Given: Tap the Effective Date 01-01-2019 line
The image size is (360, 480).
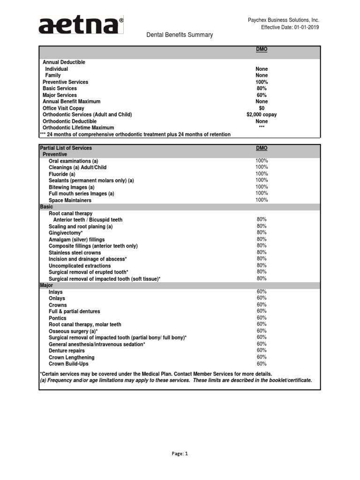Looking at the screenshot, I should click(x=290, y=28).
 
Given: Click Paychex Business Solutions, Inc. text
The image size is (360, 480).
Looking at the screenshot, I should click(x=283, y=20).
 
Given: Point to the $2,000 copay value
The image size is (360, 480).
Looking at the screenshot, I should click(x=262, y=114).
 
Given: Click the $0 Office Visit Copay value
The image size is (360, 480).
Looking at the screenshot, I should click(x=262, y=108).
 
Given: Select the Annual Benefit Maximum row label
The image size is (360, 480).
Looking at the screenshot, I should click(x=71, y=101).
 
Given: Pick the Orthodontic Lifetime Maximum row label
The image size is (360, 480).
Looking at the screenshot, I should click(x=78, y=127).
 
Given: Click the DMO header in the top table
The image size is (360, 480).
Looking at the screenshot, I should click(x=262, y=49).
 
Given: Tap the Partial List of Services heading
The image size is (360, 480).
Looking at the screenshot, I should click(x=66, y=148).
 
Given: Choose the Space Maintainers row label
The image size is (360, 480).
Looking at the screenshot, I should click(x=70, y=200).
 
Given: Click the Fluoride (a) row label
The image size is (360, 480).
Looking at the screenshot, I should click(x=62, y=174).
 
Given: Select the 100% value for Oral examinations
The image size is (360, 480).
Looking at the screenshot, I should click(x=262, y=160).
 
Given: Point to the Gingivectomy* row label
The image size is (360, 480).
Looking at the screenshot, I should click(x=66, y=232).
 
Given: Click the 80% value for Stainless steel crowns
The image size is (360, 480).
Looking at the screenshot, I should click(x=262, y=252).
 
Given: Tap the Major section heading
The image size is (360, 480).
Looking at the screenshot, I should click(x=47, y=285).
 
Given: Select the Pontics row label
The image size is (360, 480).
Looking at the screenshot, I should click(x=58, y=318).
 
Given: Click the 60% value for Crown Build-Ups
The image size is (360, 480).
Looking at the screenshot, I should click(x=262, y=363).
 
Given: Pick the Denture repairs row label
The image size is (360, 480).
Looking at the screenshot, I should click(x=67, y=351).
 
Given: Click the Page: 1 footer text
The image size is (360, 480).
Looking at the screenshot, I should click(x=180, y=454).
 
